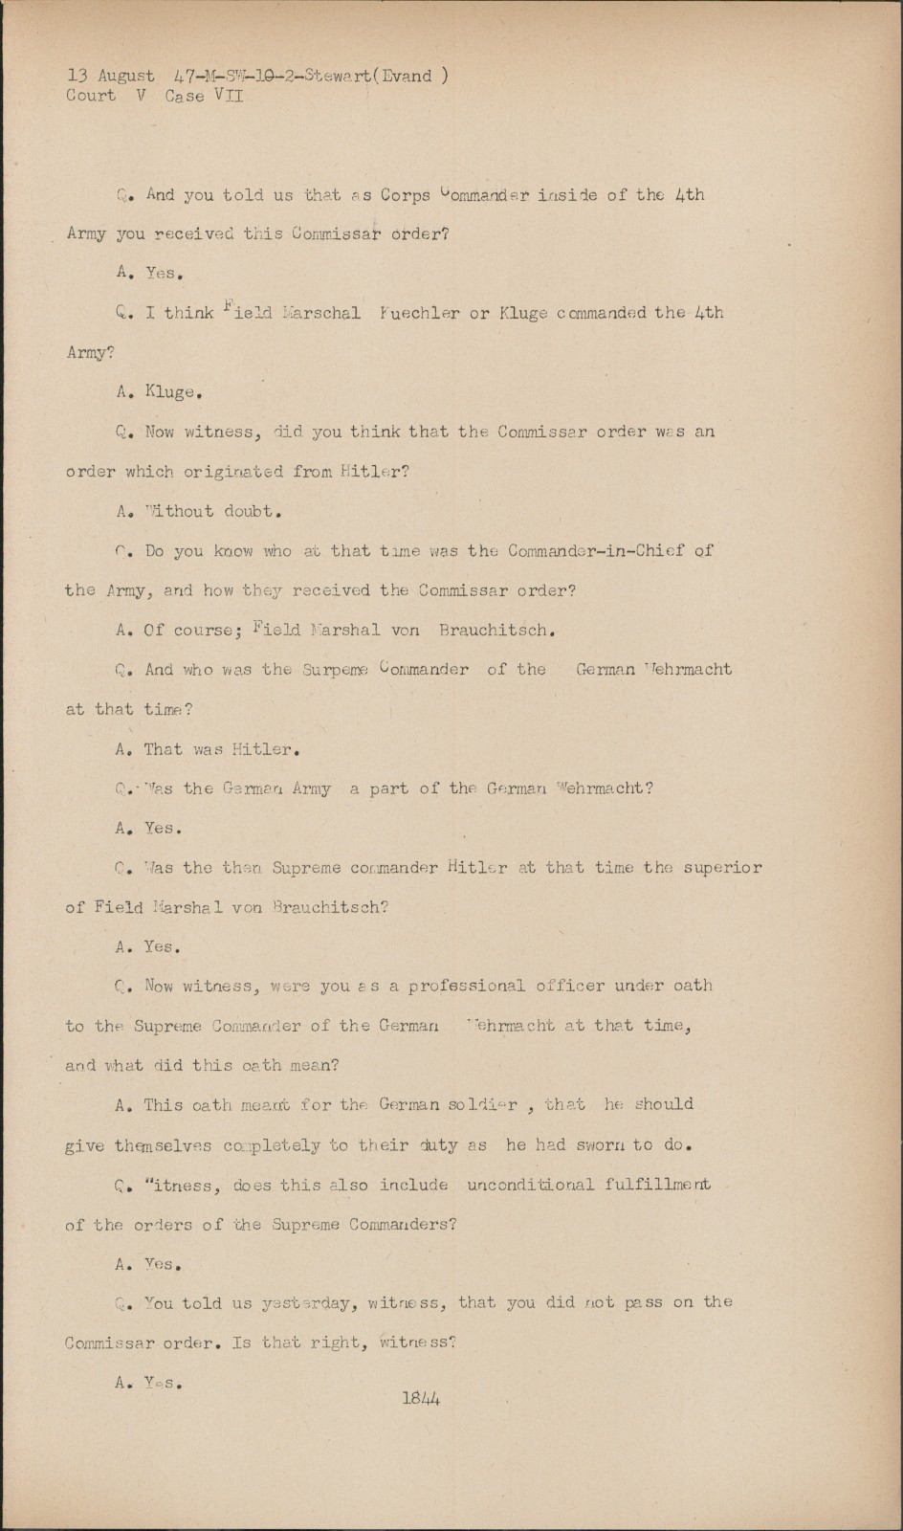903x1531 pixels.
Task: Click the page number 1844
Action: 421,1398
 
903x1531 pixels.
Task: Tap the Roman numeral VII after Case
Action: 231,96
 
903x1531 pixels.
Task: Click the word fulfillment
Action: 657,1185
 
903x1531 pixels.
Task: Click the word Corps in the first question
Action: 405,195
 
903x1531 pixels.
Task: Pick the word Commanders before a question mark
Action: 400,1225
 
